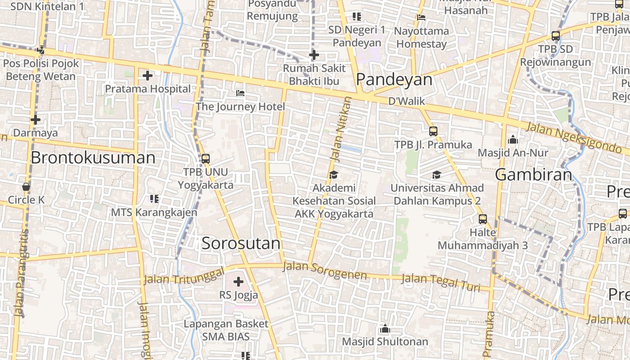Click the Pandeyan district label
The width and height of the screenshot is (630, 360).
(394, 80)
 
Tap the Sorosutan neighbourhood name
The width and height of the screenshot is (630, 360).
(241, 243)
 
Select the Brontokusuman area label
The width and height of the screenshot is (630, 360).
(93, 158)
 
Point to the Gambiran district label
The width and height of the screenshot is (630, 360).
(534, 175)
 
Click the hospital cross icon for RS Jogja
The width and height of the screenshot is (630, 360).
(238, 282)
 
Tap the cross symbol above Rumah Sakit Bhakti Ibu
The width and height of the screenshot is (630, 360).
(314, 55)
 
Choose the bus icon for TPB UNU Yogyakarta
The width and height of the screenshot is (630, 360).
(206, 158)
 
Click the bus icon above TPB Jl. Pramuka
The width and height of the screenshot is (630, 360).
(433, 131)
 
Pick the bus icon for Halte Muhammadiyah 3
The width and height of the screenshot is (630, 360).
(483, 219)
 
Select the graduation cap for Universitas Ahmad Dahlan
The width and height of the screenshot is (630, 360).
(436, 175)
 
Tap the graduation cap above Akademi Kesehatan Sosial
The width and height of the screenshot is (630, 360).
(333, 175)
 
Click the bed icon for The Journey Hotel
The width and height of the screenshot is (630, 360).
(241, 93)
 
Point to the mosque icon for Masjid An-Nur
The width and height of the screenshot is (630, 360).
(513, 140)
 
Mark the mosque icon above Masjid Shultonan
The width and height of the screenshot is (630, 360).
(384, 329)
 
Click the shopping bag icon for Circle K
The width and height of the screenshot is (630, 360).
(26, 186)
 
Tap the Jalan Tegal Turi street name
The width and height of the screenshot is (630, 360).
(441, 282)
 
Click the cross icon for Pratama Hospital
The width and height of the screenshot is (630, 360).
(147, 76)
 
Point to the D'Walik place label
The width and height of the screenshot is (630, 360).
(407, 101)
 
